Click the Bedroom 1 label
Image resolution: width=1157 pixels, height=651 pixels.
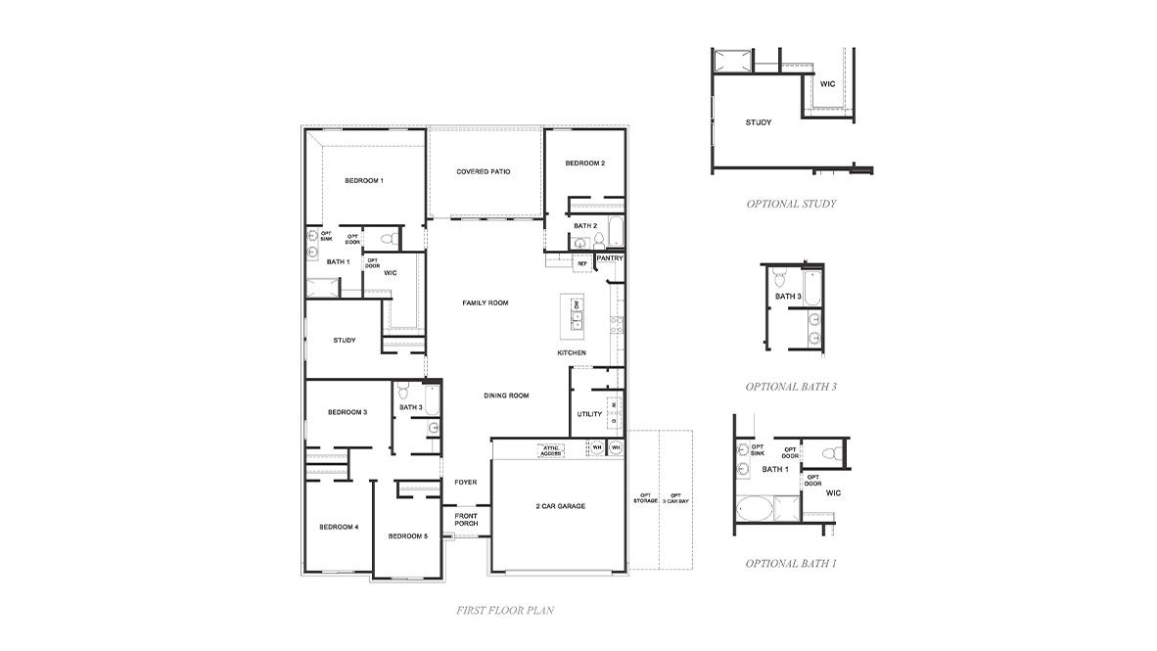363,181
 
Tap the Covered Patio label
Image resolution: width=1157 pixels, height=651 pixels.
484,172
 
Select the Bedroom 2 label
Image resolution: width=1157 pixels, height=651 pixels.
584,163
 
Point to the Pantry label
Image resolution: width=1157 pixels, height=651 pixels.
610,258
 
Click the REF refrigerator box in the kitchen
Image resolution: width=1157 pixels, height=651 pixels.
581,263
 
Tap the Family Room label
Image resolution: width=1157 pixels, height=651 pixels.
486,303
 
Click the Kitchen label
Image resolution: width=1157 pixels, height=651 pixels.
572,352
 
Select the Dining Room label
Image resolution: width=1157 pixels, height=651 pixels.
506,395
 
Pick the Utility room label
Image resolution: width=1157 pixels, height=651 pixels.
589,414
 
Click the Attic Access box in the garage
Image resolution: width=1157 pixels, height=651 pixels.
551,449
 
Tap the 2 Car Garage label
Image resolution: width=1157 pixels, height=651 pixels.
560,506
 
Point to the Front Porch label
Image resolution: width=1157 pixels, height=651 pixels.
466,520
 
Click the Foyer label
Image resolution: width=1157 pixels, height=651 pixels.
465,483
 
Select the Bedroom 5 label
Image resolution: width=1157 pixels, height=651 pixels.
407,536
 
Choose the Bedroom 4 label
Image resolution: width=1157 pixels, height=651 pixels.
339,527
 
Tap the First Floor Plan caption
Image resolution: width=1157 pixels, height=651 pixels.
505,611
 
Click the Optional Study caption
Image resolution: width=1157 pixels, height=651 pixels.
791,205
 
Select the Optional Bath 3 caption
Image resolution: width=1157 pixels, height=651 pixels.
791,387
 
